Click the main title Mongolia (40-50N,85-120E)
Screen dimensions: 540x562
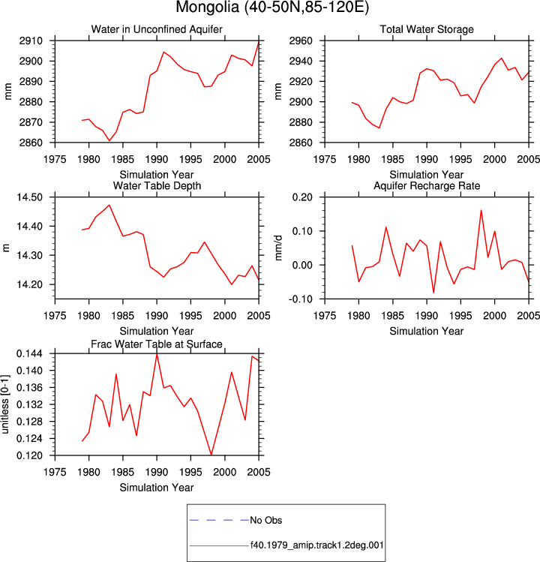[272, 8]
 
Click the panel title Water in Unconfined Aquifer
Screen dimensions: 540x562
[157, 29]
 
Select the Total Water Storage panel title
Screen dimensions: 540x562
[427, 29]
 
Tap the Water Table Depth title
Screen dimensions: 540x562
[157, 185]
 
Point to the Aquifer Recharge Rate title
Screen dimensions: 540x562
[427, 185]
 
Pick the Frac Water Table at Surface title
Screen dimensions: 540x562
[157, 344]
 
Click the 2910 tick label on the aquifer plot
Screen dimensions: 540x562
[31, 41]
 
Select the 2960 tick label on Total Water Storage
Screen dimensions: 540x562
[301, 41]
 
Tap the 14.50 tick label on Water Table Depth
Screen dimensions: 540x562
[29, 197]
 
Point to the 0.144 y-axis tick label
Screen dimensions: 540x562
[29, 353]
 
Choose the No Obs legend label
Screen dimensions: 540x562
[266, 520]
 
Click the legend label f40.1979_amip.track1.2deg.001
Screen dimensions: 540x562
[316, 545]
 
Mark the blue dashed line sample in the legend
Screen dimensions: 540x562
[219, 520]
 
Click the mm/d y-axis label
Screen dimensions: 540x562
[278, 248]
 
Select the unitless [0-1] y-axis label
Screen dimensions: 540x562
[5, 404]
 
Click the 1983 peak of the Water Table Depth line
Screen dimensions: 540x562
[109, 205]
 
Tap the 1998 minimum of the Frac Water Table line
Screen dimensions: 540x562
[211, 455]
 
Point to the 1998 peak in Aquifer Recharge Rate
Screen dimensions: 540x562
[481, 210]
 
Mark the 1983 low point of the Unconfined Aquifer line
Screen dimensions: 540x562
[109, 140]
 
